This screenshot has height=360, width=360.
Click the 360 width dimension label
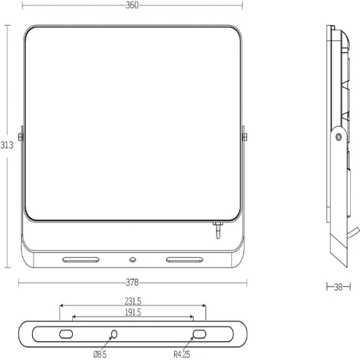tap(133, 5)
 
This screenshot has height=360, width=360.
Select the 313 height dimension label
tap(6, 145)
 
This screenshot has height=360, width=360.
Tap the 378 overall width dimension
tap(132, 282)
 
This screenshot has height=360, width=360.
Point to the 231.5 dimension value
tap(133, 301)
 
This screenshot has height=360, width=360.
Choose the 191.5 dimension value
tap(133, 312)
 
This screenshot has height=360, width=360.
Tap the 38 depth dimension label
tap(339, 286)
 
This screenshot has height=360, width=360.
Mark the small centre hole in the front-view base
tap(131, 260)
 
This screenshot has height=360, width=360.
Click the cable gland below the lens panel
tap(217, 231)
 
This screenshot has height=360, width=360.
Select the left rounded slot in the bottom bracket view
tap(66, 334)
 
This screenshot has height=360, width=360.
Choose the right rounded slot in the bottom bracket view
tap(199, 334)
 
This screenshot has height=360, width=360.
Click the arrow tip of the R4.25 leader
tap(195, 339)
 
